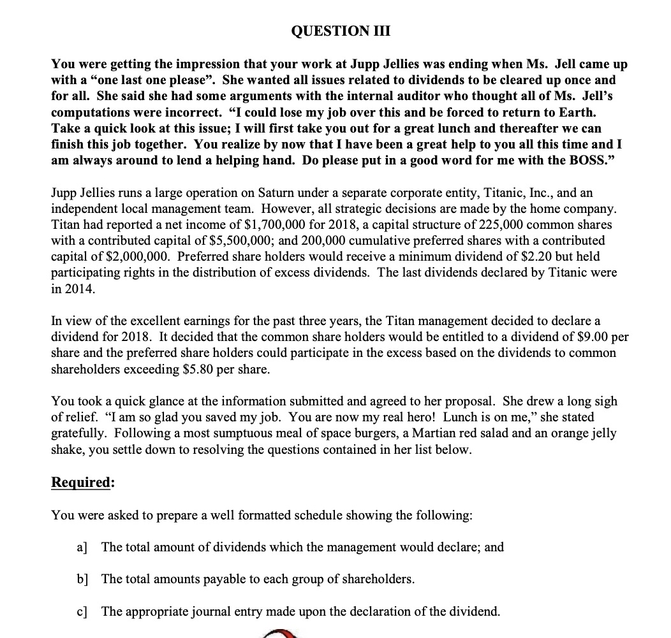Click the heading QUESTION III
(x=340, y=31)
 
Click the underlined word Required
(x=80, y=482)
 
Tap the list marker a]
(x=82, y=547)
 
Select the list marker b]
(x=82, y=579)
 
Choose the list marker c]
(x=82, y=612)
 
